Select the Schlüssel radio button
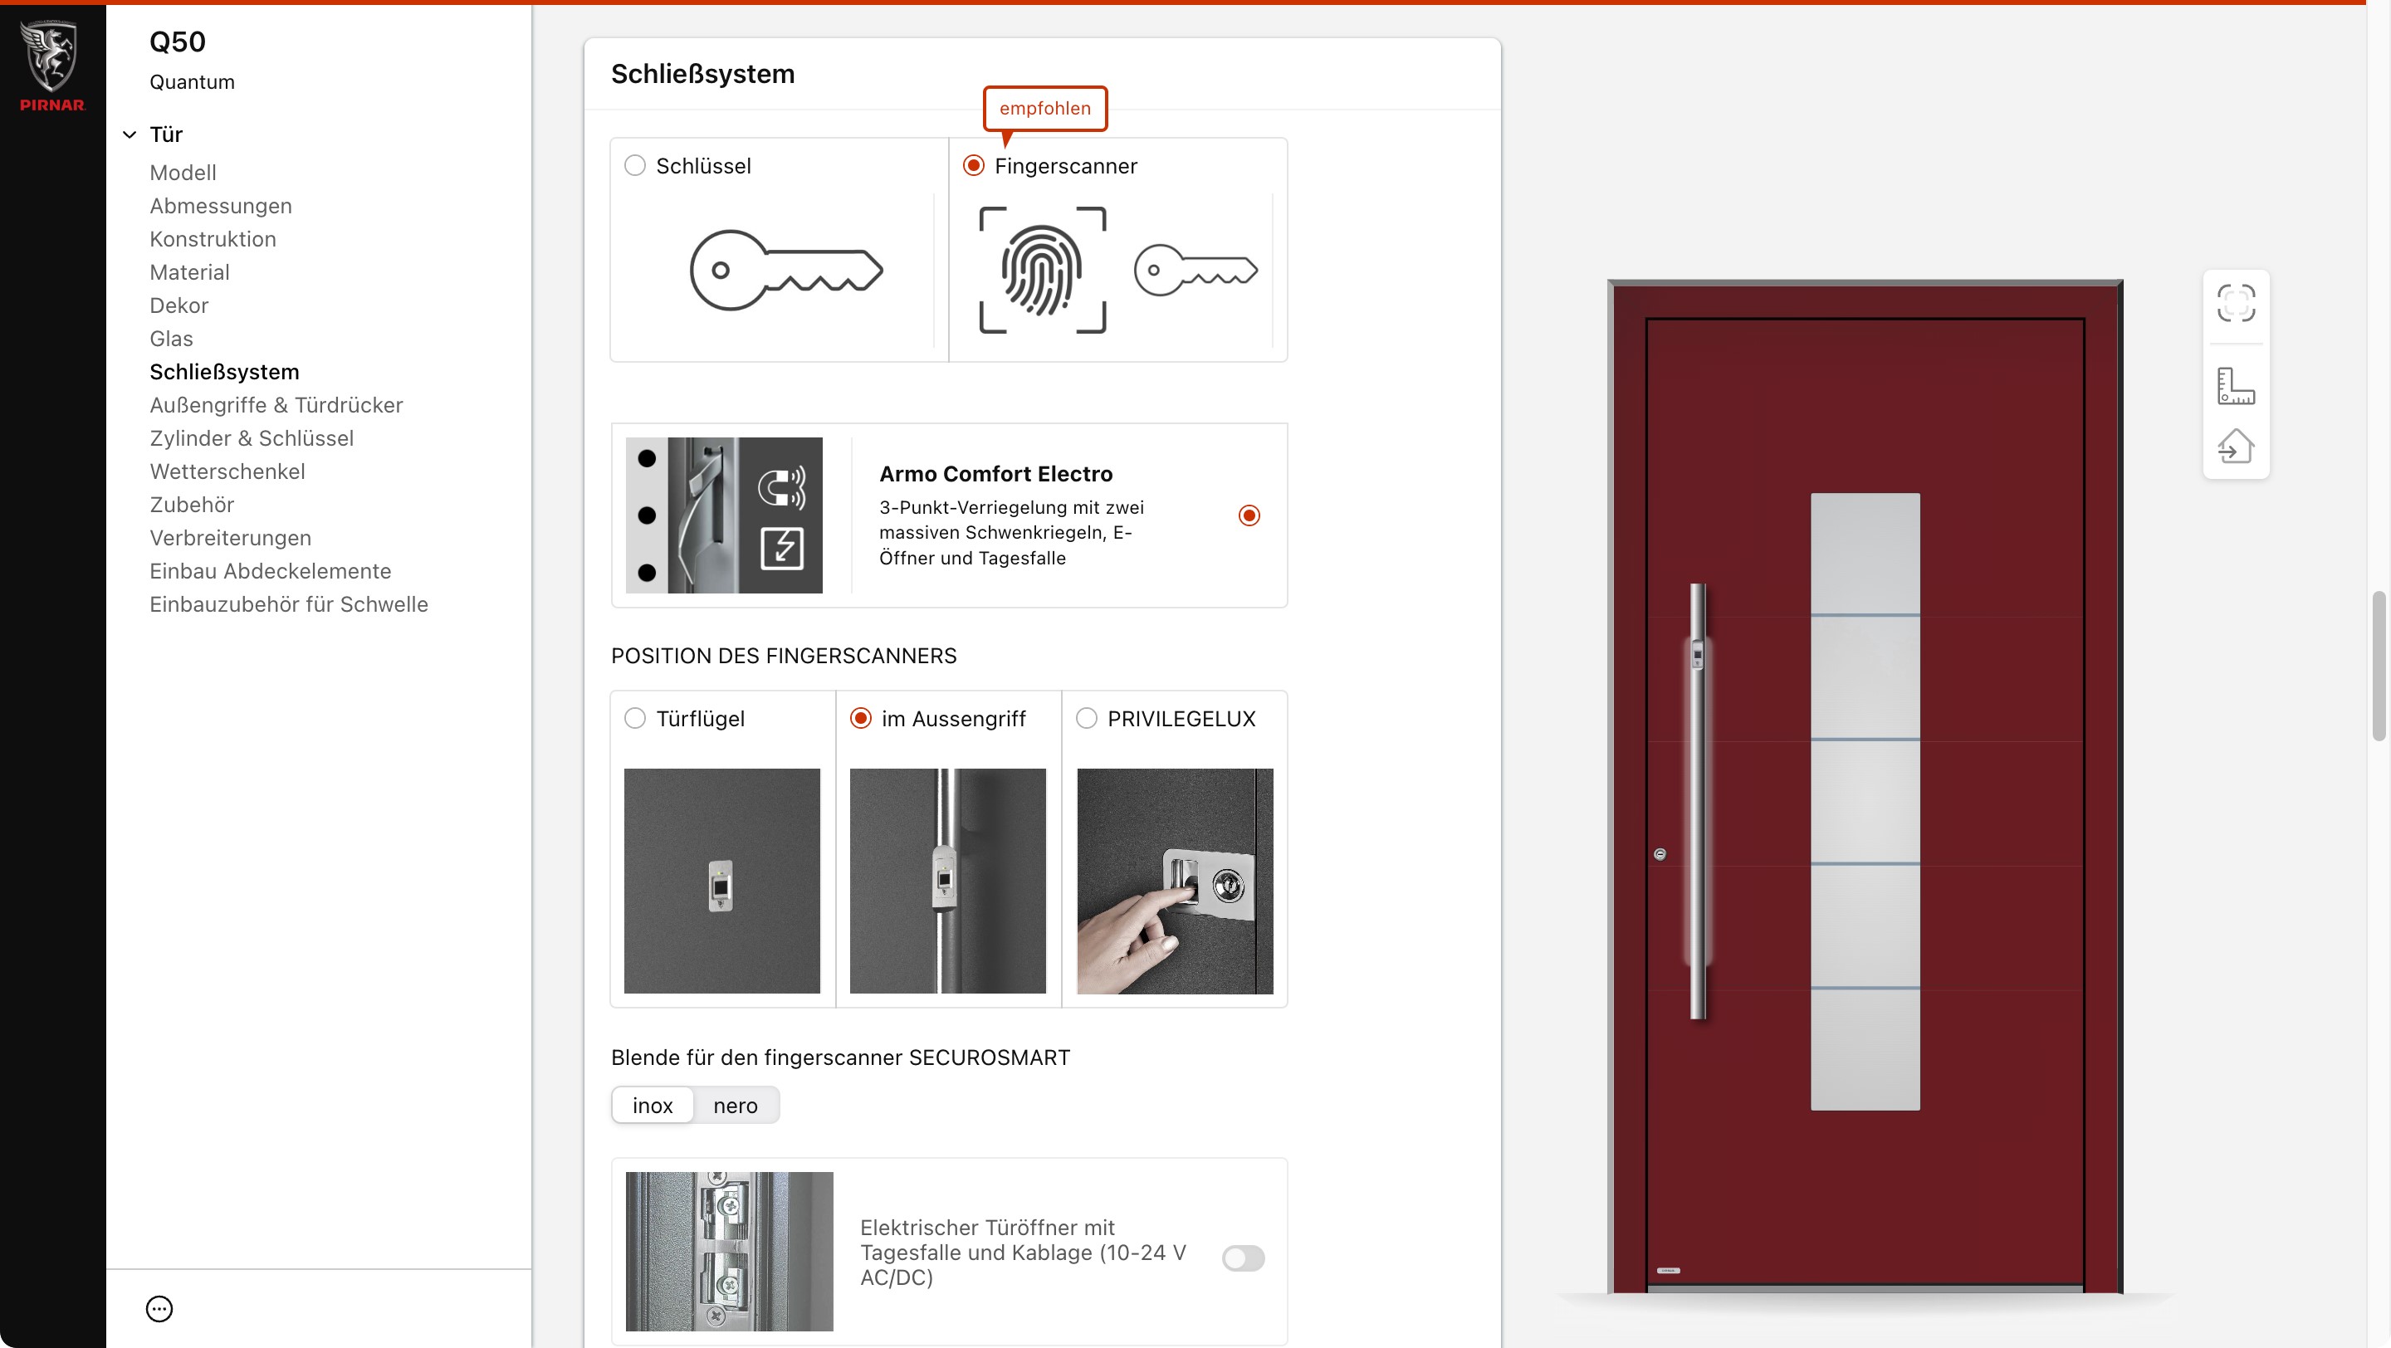635,166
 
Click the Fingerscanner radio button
974,166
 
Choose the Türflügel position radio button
635,719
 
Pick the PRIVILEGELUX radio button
1087,719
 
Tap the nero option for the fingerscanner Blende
735,1106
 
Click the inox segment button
653,1106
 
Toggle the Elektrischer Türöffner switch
1244,1259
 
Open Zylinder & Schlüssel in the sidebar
252,439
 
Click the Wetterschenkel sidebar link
227,472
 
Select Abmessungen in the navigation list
221,206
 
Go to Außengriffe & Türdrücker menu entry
276,405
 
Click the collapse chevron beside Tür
130,135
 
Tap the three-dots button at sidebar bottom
159,1309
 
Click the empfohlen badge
1045,109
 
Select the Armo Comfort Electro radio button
1249,515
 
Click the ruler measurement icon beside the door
2236,386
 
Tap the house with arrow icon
2236,447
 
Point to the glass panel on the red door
1865,802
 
